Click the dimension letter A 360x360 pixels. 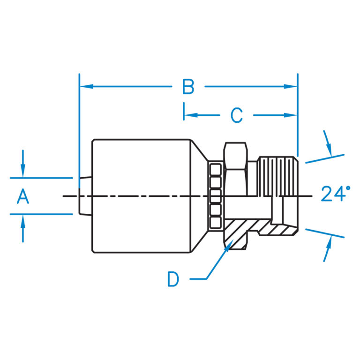pyautogui.click(x=23, y=196)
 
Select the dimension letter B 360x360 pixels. pyautogui.click(x=188, y=87)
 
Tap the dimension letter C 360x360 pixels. pyautogui.click(x=237, y=115)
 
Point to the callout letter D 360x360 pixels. pyautogui.click(x=173, y=279)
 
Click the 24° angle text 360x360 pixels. pyautogui.click(x=336, y=194)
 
